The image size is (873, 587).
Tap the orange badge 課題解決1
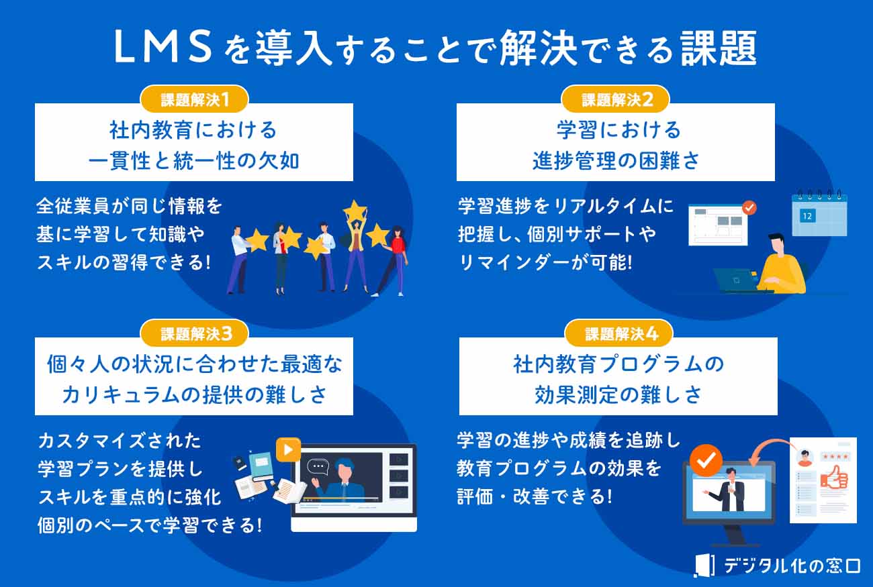click(x=195, y=100)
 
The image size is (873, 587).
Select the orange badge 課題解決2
click(x=616, y=100)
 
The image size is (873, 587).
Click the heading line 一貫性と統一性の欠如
click(x=194, y=162)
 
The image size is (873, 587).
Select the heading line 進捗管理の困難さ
click(x=616, y=162)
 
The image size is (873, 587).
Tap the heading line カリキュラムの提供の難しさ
click(x=194, y=394)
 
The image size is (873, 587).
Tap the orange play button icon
click(x=288, y=449)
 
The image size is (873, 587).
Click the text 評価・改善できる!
click(x=535, y=497)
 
